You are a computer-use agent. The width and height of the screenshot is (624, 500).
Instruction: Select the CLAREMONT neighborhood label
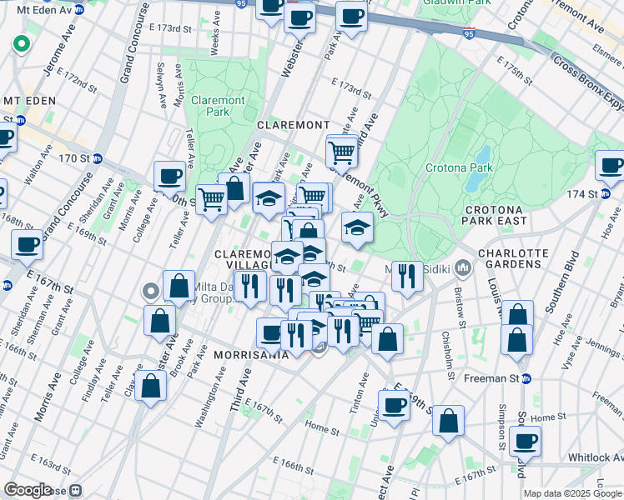(x=293, y=124)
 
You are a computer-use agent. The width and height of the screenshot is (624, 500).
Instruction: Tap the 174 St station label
(x=599, y=194)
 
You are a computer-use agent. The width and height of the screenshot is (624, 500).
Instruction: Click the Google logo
(x=28, y=490)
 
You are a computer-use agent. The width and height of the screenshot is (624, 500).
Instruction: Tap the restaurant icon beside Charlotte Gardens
(x=406, y=277)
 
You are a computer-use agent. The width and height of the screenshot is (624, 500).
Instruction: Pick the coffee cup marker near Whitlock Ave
(x=525, y=442)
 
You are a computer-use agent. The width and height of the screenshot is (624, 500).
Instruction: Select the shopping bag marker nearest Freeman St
(x=517, y=339)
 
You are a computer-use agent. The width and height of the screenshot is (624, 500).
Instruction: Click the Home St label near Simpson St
(x=541, y=417)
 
